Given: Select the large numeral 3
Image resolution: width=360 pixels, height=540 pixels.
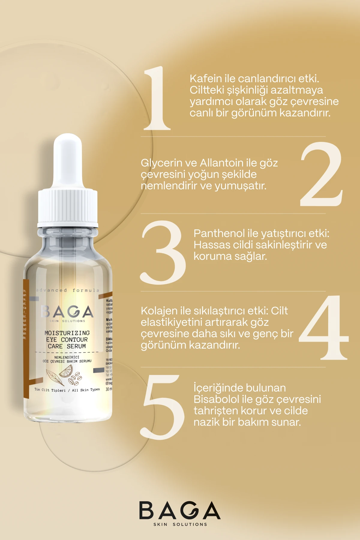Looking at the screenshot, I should pos(163,253).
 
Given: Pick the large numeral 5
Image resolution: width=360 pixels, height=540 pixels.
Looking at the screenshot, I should pos(163,407).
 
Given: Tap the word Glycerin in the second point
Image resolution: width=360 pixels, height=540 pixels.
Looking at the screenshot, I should pos(161,163).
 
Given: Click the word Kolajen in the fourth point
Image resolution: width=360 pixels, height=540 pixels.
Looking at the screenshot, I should pos(159,311).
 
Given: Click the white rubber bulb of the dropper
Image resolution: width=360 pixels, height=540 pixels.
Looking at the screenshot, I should pos(68,162).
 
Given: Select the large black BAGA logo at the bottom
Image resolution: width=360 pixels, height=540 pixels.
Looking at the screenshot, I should pos(180,510).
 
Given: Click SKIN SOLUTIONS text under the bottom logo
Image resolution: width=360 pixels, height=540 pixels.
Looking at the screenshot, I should pos(180,524).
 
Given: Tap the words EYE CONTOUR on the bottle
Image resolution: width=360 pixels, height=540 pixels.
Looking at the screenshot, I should pos(67,340).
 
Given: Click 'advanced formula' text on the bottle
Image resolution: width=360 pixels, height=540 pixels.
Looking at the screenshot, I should pos(67,290).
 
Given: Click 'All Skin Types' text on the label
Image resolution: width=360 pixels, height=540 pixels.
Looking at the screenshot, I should pos(86,390).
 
